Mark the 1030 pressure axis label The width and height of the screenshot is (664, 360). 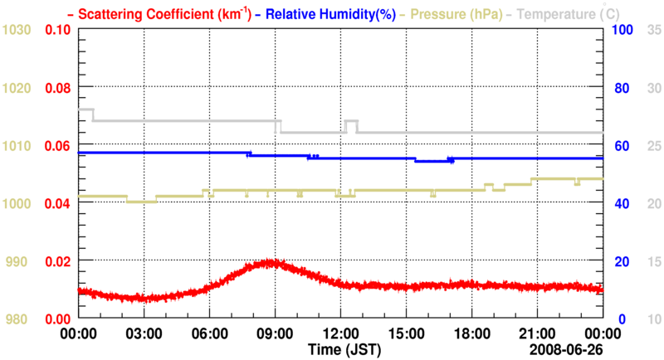point(17,30)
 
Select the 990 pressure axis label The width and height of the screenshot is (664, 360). point(20,261)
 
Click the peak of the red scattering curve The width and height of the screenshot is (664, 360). point(271,263)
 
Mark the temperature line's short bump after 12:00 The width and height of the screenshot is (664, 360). point(351,121)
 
